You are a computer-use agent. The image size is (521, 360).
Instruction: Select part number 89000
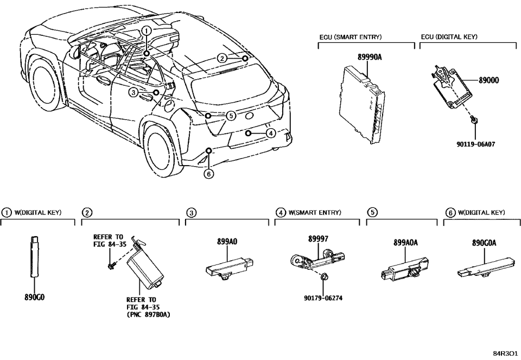pyautogui.click(x=489, y=80)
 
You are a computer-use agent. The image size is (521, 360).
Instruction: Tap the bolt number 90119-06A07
pyautogui.click(x=477, y=144)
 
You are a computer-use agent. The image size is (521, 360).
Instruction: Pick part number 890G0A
pyautogui.click(x=484, y=244)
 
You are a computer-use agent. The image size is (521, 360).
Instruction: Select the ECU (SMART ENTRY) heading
pyautogui.click(x=350, y=37)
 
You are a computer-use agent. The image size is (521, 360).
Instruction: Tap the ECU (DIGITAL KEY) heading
pyautogui.click(x=449, y=37)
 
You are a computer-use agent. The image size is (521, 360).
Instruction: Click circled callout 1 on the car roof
pyautogui.click(x=147, y=31)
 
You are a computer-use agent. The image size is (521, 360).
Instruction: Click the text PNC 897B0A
pyautogui.click(x=148, y=314)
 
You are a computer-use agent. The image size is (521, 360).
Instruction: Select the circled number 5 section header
pyautogui.click(x=372, y=213)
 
